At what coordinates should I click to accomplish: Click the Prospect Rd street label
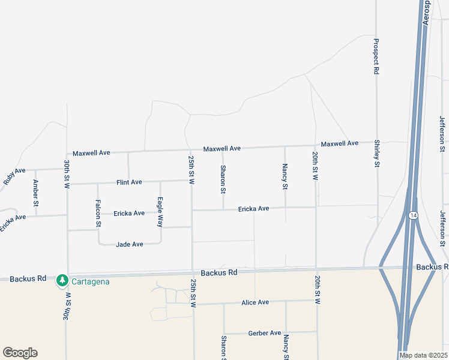tap(376, 56)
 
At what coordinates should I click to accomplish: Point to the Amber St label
tap(36, 193)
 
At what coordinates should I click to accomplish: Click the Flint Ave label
tap(129, 182)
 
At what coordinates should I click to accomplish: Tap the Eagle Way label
tap(160, 212)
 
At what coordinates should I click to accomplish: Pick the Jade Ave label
tap(129, 244)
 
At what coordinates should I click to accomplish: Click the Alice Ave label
tap(255, 302)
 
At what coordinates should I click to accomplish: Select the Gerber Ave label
tap(265, 333)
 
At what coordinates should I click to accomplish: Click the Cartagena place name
tap(90, 281)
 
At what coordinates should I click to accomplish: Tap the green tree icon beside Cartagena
tap(62, 281)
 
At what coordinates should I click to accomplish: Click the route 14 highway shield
tap(413, 215)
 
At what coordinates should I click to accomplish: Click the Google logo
tap(20, 353)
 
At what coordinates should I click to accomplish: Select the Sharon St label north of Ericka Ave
tap(223, 179)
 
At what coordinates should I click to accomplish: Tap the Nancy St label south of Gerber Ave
tap(286, 347)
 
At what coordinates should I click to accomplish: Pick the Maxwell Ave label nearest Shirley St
tap(339, 143)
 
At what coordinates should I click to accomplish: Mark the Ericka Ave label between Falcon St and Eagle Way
tap(130, 213)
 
